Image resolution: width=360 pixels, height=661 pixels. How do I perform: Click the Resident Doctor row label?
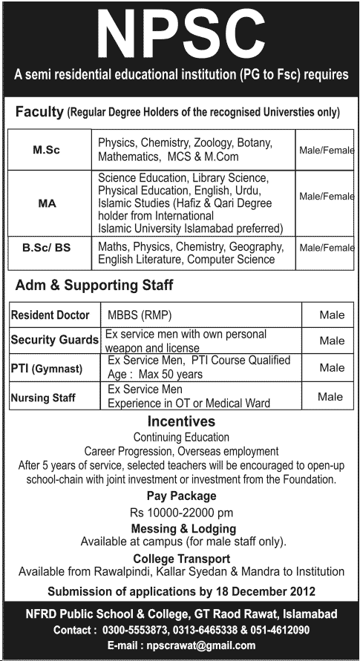click(50, 315)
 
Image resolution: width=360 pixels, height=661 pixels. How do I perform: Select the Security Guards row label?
click(55, 341)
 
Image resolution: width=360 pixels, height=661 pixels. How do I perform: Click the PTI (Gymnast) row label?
click(47, 368)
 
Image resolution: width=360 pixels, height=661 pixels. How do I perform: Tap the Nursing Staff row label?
click(43, 398)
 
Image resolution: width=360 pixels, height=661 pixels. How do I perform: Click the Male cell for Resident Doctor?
click(332, 315)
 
